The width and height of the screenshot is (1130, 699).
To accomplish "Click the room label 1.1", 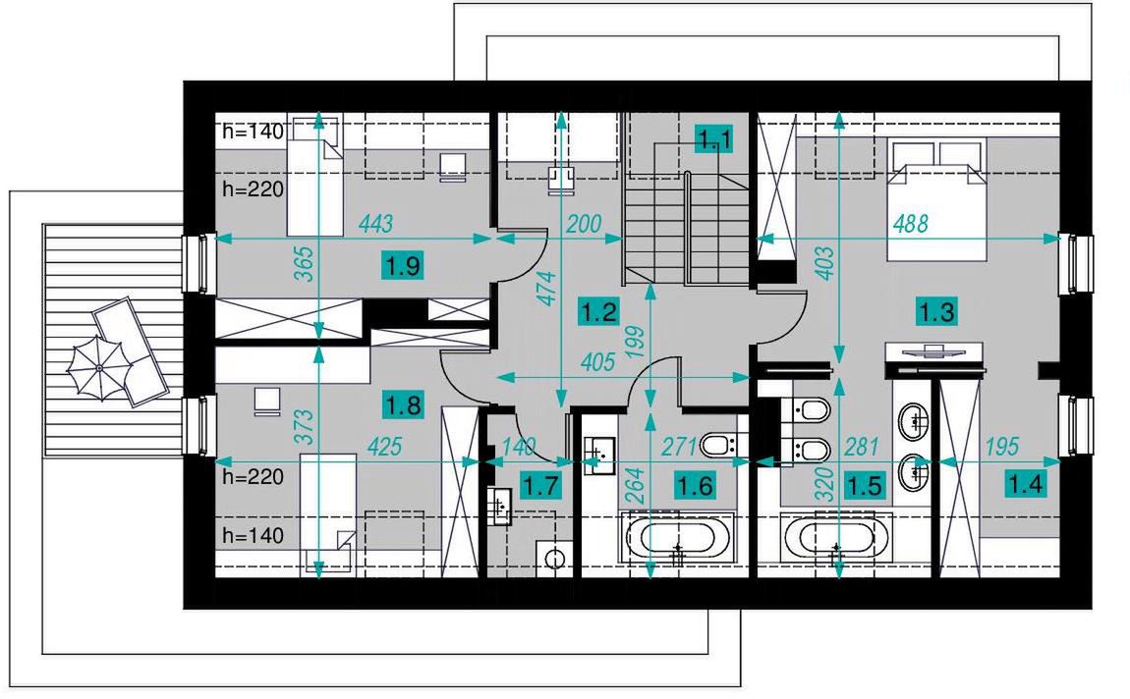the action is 713,139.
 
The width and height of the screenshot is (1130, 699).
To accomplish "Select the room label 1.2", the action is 598,312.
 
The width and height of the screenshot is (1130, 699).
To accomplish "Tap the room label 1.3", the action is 936,312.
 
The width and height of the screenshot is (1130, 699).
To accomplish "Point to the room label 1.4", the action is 1025,484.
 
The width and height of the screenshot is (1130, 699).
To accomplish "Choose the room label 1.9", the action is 402,266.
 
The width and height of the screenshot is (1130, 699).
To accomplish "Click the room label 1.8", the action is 403,404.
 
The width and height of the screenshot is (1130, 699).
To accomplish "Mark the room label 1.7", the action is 539,486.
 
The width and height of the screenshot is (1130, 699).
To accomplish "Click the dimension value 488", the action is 910,224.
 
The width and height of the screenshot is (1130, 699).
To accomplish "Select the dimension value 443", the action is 375,224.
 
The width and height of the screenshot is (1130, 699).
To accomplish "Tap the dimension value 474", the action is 548,288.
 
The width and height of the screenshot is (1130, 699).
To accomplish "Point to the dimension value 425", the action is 384,447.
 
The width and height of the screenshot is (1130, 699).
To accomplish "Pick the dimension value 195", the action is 1001,447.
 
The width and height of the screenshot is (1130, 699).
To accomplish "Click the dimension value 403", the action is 825,263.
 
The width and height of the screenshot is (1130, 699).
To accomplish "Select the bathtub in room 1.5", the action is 836,538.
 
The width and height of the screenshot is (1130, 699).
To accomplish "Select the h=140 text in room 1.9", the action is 254,131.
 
